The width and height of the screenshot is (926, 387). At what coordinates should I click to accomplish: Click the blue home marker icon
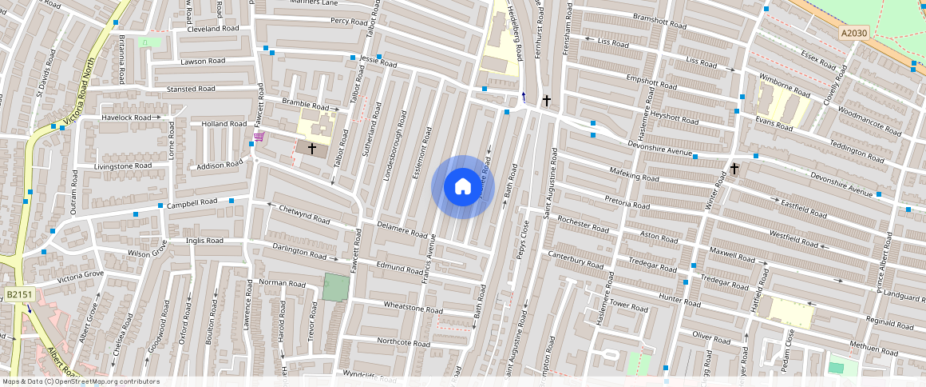[462, 187]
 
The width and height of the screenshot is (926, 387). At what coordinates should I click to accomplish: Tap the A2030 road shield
[853, 34]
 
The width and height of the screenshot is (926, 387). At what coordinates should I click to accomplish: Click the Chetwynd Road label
[304, 213]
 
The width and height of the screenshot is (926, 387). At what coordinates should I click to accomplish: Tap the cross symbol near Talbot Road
[312, 149]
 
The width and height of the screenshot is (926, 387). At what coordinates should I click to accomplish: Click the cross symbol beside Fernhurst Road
[546, 101]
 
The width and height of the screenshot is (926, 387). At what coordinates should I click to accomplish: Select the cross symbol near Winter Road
[734, 169]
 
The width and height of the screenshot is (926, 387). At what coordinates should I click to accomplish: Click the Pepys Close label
[524, 237]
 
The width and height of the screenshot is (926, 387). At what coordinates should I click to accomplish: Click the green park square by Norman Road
[336, 287]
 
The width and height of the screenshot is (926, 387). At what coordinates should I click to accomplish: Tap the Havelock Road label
[126, 118]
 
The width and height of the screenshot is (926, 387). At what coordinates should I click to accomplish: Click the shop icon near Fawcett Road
[259, 137]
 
